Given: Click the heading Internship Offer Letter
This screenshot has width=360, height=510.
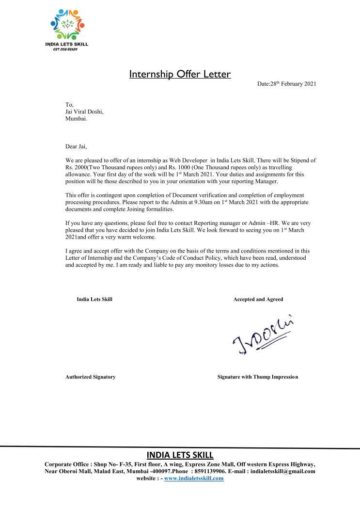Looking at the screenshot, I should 180,75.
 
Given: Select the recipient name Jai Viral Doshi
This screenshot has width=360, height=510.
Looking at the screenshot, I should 84,112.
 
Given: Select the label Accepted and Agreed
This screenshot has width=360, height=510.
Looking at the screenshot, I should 258,300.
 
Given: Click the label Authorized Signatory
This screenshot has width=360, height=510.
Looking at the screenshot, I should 90,377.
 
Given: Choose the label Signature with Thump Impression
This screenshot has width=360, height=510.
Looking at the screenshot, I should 258,377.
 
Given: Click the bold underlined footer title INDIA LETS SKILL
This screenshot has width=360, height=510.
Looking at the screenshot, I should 180,455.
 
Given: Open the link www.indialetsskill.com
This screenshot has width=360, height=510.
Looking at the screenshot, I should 194,478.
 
